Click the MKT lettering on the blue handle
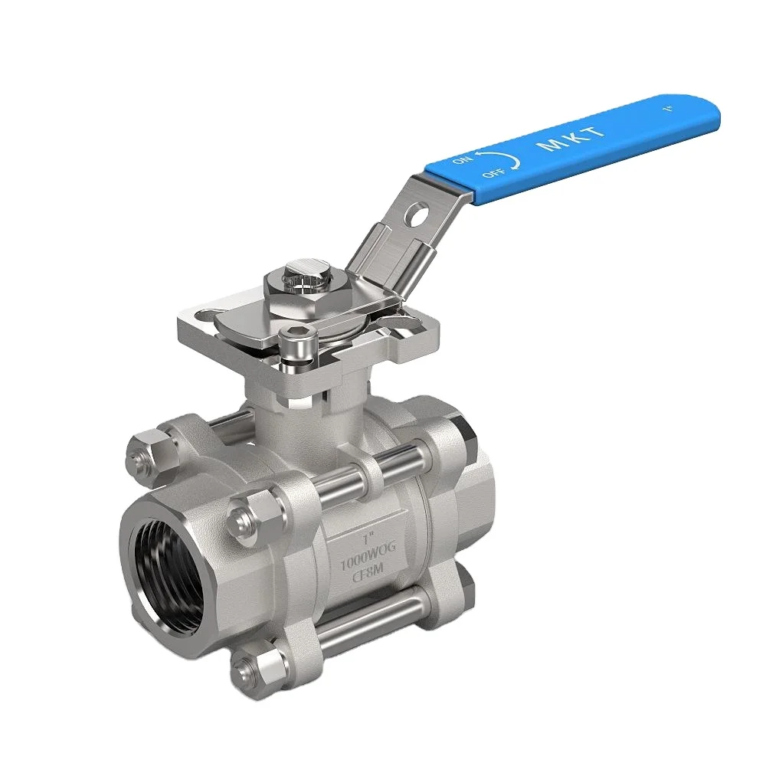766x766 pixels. [x=573, y=139]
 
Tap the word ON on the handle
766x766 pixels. [x=463, y=159]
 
